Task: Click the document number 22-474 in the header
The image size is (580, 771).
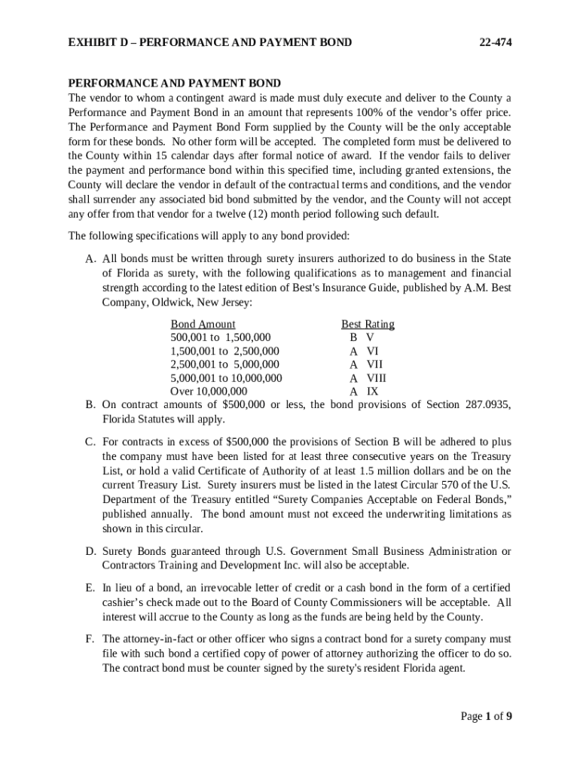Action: pyautogui.click(x=496, y=42)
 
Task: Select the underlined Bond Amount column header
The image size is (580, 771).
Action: pyautogui.click(x=203, y=324)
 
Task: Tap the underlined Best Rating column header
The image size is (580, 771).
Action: pyautogui.click(x=368, y=324)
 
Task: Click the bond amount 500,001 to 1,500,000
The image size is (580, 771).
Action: pyautogui.click(x=221, y=337)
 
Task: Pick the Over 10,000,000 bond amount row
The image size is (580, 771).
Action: pyautogui.click(x=209, y=392)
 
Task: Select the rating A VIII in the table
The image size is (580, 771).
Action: pyautogui.click(x=368, y=378)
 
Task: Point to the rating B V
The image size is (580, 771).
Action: pyautogui.click(x=362, y=337)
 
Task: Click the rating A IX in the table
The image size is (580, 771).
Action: pyautogui.click(x=364, y=392)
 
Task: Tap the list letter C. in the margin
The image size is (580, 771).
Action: pyautogui.click(x=89, y=442)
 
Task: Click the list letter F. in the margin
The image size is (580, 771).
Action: pyautogui.click(x=89, y=639)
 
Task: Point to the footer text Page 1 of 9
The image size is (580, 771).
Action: pyautogui.click(x=487, y=716)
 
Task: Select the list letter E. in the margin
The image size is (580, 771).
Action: pyautogui.click(x=89, y=587)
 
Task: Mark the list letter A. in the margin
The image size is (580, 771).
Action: pyautogui.click(x=90, y=258)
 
